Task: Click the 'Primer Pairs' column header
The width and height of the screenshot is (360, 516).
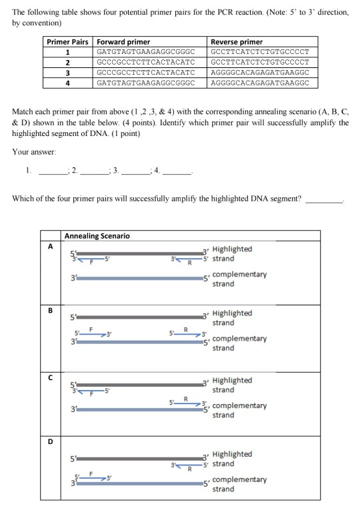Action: tap(67, 41)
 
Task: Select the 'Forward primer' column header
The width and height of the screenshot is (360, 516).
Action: tap(123, 41)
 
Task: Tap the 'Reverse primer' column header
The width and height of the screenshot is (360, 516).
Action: tap(237, 41)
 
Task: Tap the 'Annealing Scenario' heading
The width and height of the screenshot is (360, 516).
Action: tap(97, 235)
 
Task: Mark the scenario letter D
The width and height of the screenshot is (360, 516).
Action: tap(49, 439)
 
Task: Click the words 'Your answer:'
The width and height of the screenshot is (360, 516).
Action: tap(31, 151)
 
